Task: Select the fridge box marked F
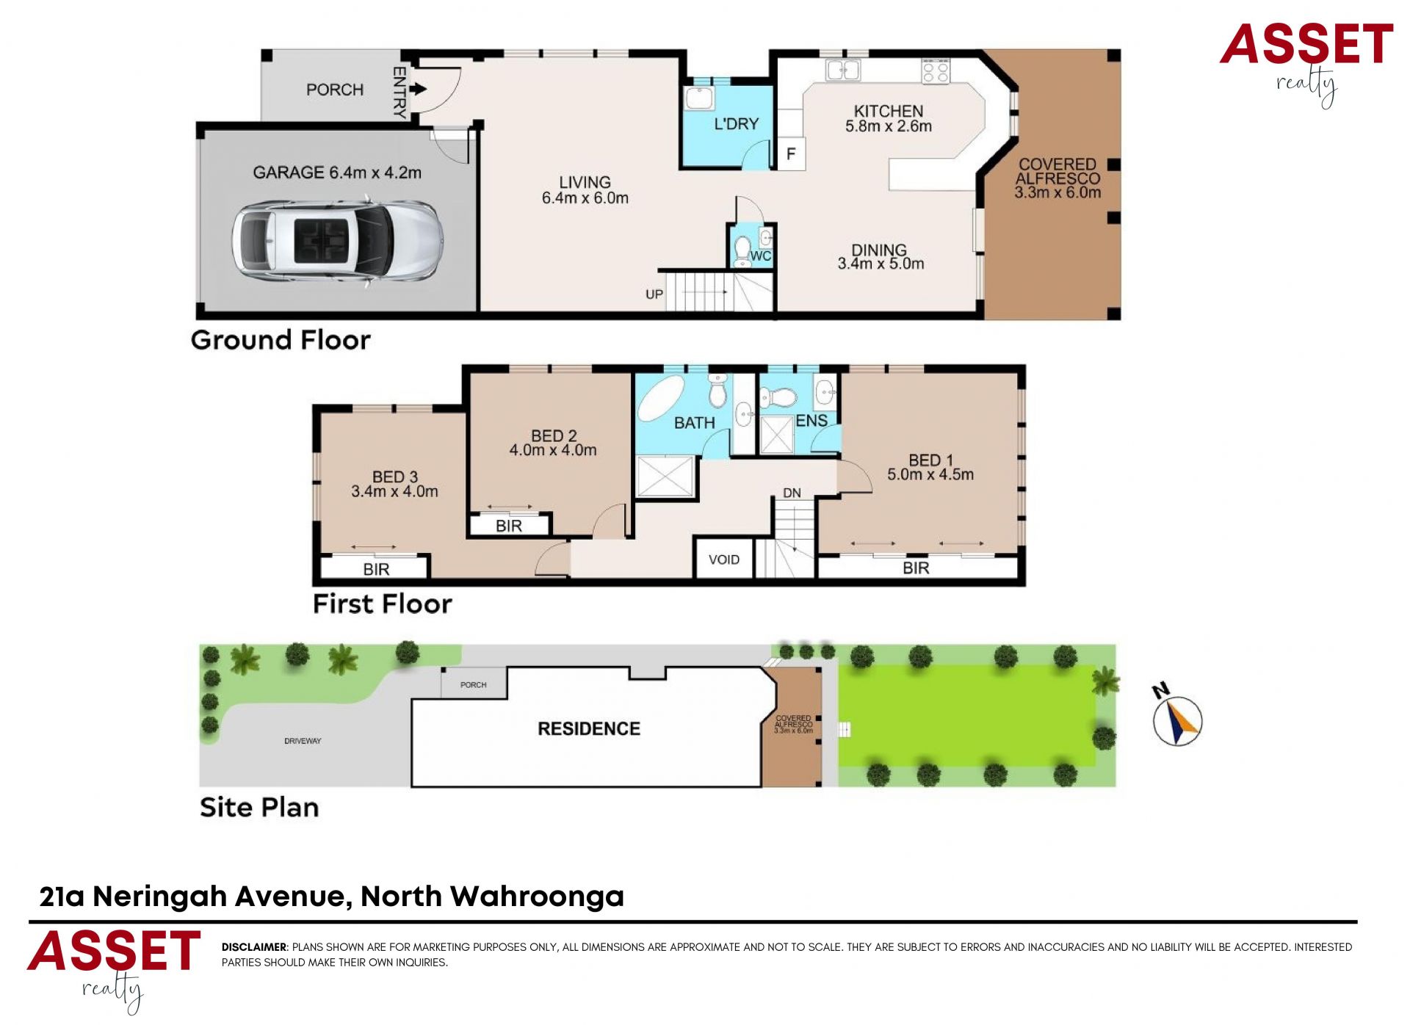click(x=791, y=154)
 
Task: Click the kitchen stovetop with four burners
click(x=936, y=71)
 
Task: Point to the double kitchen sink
click(x=843, y=70)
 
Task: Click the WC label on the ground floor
click(x=761, y=256)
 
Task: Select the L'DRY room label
click(x=737, y=124)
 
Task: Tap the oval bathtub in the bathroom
click(x=661, y=399)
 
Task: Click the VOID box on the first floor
click(x=724, y=559)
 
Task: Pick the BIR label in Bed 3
click(x=376, y=569)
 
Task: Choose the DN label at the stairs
click(x=792, y=493)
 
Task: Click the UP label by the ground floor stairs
click(x=654, y=294)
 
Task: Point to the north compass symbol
click(x=1177, y=720)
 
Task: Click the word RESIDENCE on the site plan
click(x=589, y=728)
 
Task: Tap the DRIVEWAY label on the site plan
click(x=303, y=741)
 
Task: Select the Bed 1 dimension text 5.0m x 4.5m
click(x=930, y=474)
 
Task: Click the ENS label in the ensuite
click(x=811, y=421)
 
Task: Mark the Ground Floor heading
click(x=281, y=340)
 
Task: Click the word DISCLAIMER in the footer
click(x=253, y=947)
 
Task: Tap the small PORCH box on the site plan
click(x=473, y=684)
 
